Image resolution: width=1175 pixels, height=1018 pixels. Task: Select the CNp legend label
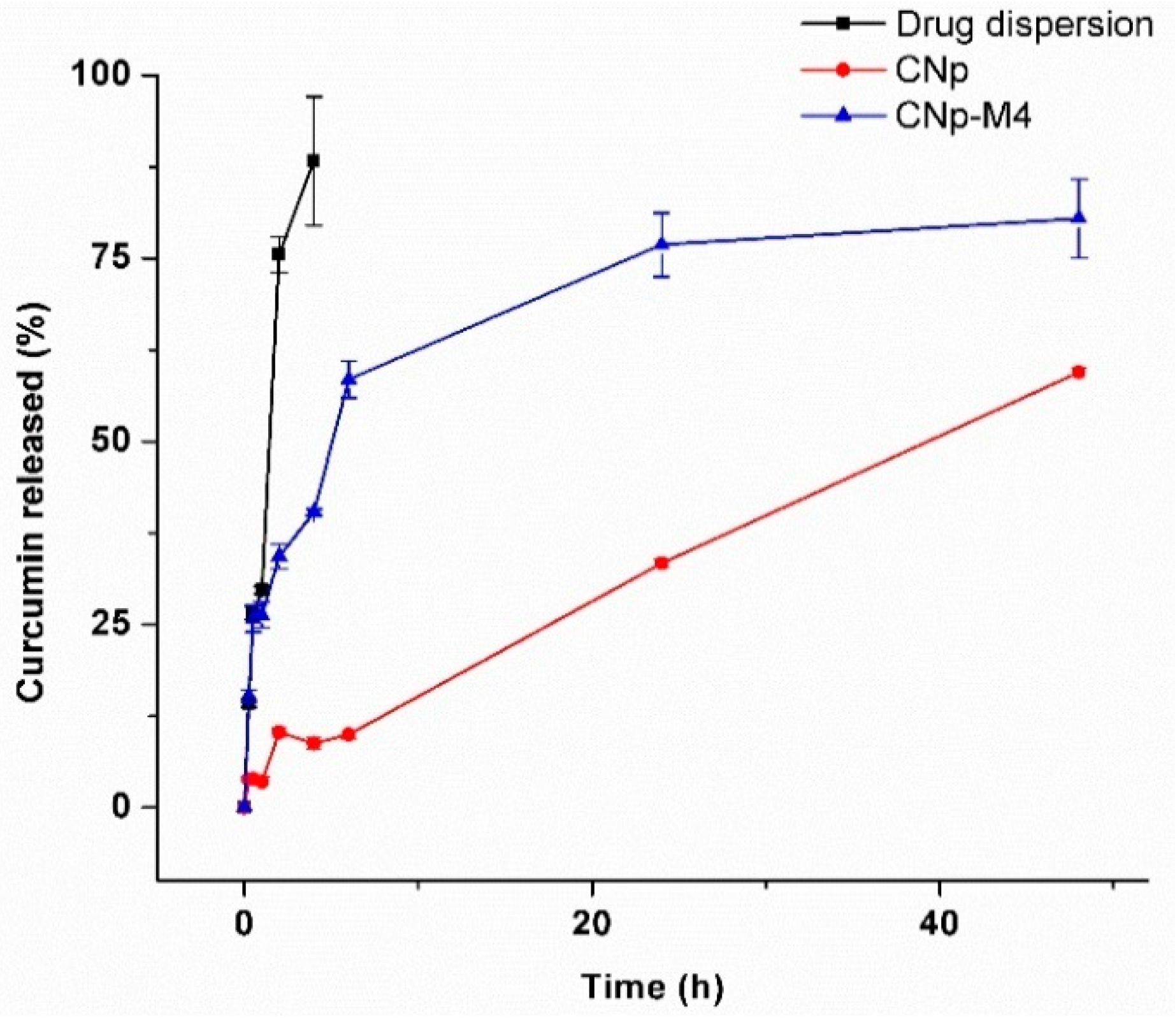(931, 70)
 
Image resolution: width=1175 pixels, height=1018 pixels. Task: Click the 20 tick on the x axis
(592, 924)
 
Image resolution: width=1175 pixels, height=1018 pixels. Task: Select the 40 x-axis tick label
(940, 924)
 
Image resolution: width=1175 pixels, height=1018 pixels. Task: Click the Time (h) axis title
(652, 986)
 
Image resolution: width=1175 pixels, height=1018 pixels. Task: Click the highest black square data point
(313, 161)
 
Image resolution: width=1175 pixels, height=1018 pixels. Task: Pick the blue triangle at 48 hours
(1079, 218)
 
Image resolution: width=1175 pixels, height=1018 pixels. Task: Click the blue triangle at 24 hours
(661, 244)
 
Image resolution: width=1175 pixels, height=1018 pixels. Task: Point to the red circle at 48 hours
(1079, 372)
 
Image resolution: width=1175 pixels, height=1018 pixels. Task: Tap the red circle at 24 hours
(661, 563)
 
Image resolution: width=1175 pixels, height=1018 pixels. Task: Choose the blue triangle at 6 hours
(349, 379)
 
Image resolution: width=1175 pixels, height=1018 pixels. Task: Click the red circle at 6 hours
(349, 734)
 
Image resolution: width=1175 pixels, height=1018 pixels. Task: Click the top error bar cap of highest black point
(313, 96)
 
